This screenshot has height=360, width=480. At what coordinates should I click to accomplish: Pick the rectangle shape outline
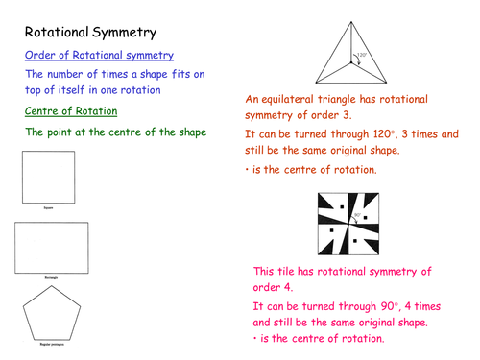(x=53, y=247)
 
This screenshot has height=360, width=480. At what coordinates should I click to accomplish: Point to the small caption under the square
(x=47, y=205)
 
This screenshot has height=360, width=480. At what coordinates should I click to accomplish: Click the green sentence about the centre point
(x=115, y=132)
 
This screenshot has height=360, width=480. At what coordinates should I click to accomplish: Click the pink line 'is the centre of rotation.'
(x=322, y=339)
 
